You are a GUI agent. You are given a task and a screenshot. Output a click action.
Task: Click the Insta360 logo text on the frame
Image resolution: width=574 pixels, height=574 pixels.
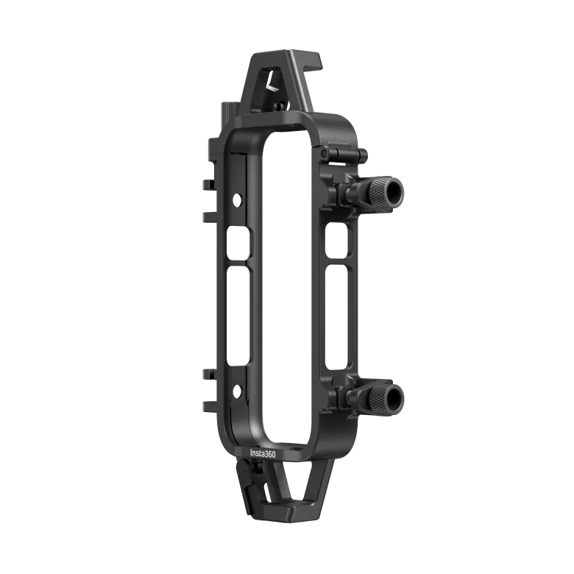[263, 453]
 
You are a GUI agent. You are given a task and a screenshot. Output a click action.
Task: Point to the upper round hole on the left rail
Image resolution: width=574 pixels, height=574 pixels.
[237, 200]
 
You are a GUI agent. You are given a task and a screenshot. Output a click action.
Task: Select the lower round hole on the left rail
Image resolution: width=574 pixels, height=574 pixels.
[237, 391]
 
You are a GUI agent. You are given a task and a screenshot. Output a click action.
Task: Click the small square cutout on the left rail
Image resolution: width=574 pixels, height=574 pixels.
[238, 244]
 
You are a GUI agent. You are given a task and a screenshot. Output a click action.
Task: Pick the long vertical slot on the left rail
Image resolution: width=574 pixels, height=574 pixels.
[238, 317]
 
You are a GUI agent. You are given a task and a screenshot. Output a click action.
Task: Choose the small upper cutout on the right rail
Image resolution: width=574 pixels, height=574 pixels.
[336, 241]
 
